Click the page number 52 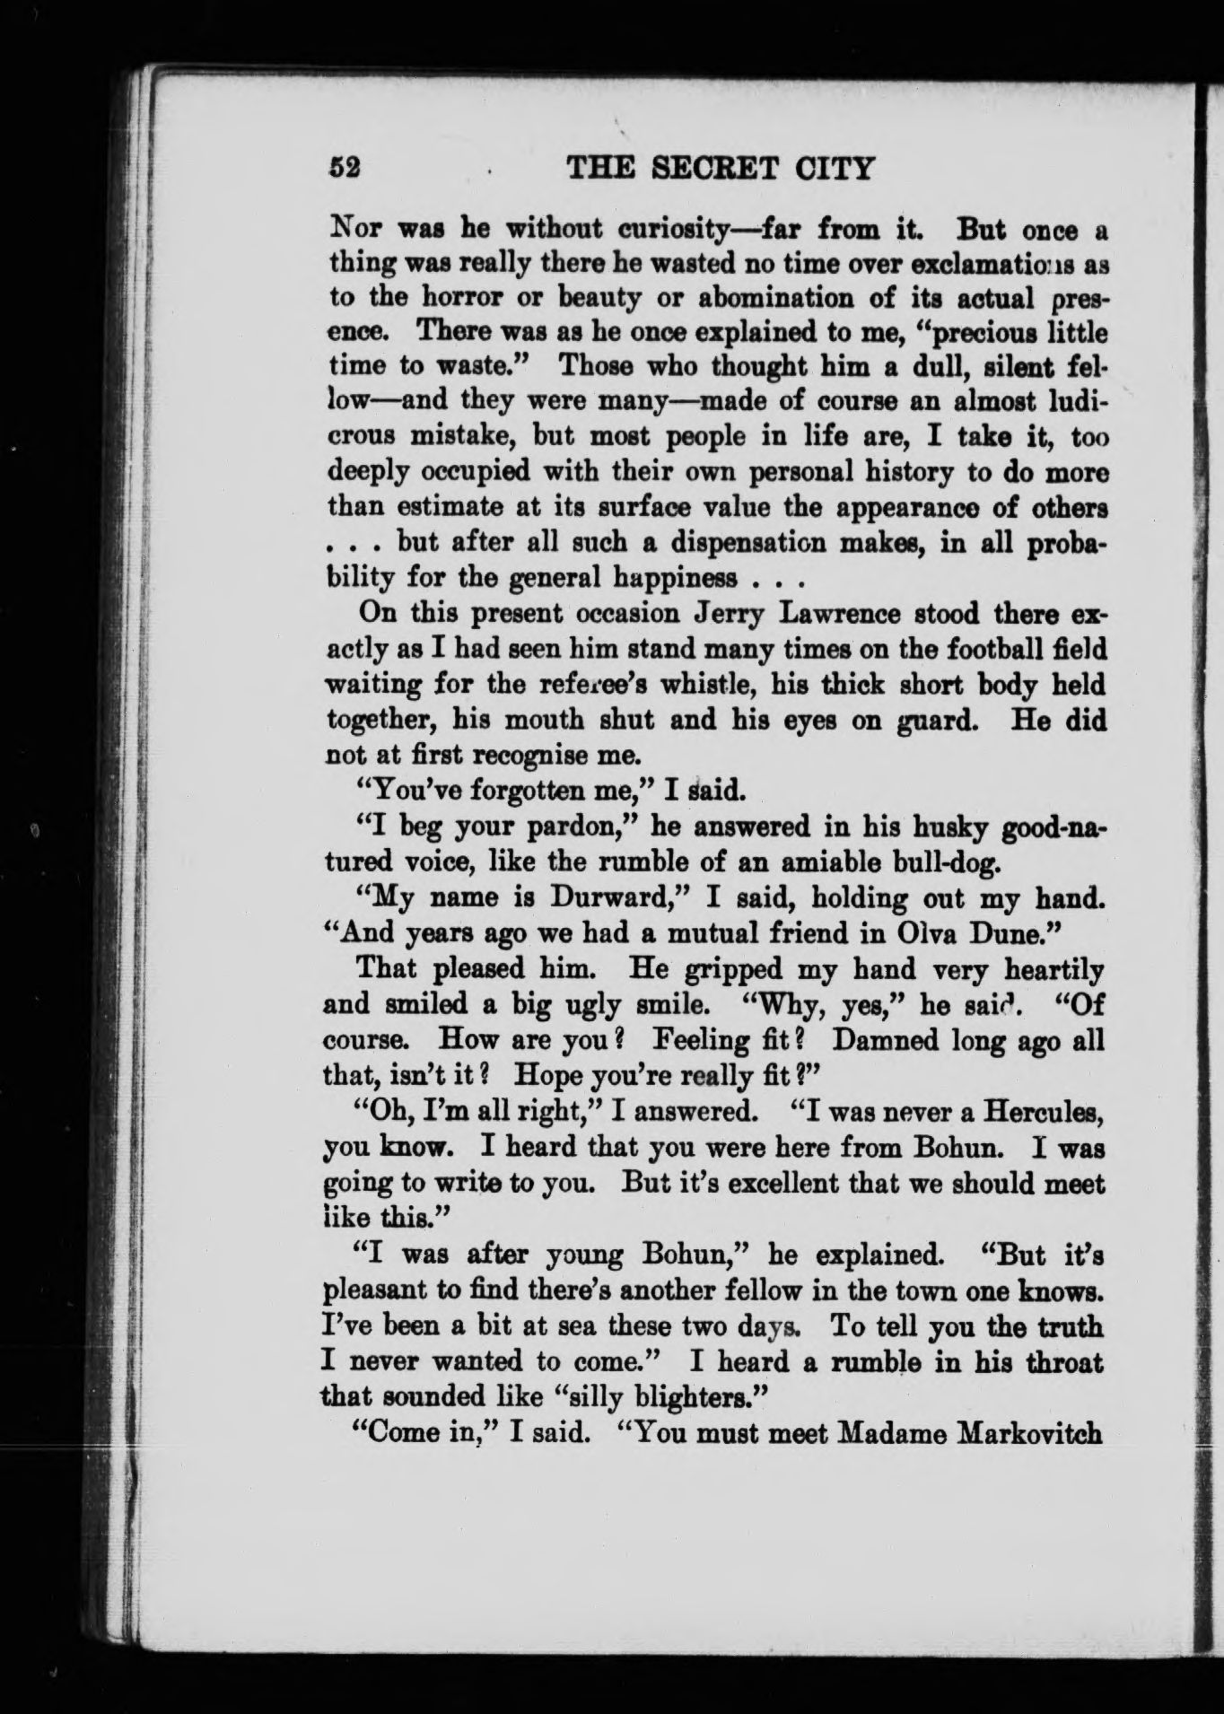(344, 168)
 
